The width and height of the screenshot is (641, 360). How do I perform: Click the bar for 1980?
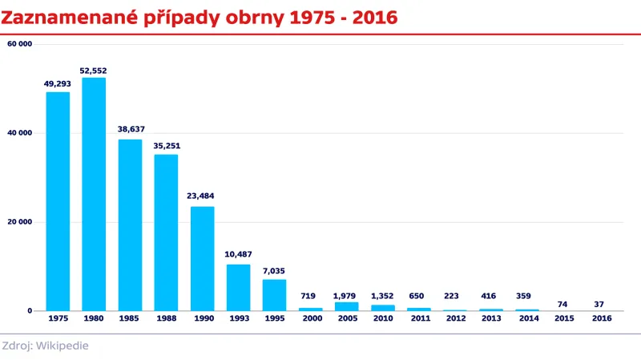click(94, 194)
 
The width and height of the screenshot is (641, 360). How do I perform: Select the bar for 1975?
click(58, 201)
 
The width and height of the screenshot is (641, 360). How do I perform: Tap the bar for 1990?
click(202, 258)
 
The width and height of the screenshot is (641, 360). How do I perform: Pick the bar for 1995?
click(274, 294)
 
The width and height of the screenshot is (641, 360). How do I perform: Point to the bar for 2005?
click(346, 306)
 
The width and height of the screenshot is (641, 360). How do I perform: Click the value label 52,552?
click(94, 70)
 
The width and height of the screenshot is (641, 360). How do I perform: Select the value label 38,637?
click(130, 128)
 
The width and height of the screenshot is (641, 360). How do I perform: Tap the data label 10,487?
click(238, 254)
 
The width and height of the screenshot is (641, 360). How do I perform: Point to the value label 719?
click(310, 296)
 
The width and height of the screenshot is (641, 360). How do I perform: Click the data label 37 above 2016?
click(600, 305)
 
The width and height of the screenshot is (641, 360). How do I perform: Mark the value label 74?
click(563, 305)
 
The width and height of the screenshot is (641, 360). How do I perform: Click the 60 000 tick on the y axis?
click(19, 44)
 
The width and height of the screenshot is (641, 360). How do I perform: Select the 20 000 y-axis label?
click(19, 222)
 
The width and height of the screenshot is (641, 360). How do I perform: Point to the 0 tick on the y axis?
click(29, 311)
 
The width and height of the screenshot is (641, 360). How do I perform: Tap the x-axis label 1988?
click(166, 319)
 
